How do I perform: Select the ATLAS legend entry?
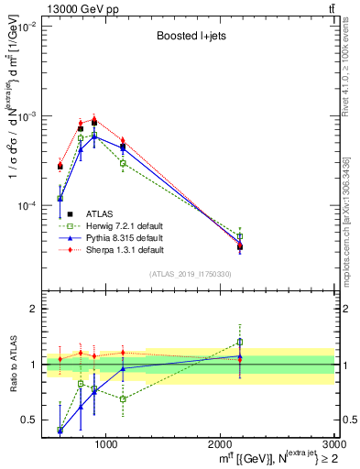point(105,213)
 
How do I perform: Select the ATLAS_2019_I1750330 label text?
point(189,274)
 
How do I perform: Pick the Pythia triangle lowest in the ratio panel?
point(60,429)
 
